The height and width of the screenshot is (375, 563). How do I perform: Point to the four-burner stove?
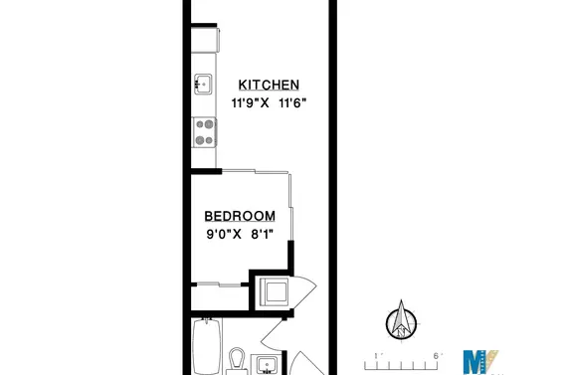pyautogui.click(x=205, y=131)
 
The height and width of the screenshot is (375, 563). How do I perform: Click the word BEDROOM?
pyautogui.click(x=240, y=216)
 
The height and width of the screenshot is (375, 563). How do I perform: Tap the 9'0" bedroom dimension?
pyautogui.click(x=211, y=235)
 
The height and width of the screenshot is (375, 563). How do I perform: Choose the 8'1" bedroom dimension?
pyautogui.click(x=262, y=235)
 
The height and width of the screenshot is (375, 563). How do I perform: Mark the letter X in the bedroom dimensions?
pyautogui.click(x=237, y=235)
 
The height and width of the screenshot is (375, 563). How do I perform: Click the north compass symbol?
pyautogui.click(x=402, y=320)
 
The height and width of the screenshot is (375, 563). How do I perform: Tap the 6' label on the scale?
pyautogui.click(x=436, y=352)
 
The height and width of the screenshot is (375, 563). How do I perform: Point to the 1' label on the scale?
pyautogui.click(x=376, y=352)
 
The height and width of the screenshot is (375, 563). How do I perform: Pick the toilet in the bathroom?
pyautogui.click(x=238, y=359)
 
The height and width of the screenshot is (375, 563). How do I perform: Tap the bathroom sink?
pyautogui.click(x=267, y=365)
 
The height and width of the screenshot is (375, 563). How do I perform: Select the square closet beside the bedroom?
pyautogui.click(x=272, y=291)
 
